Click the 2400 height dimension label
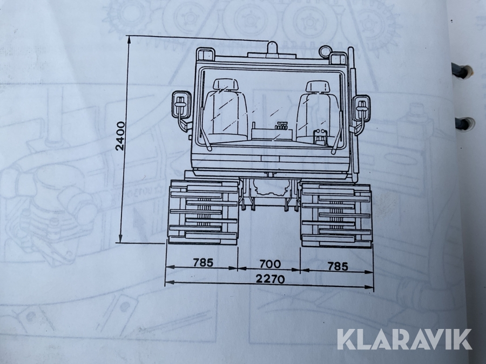(x=120, y=136)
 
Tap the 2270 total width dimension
(x=270, y=279)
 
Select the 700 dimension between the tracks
(x=270, y=264)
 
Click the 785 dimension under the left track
(x=203, y=263)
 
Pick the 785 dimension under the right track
(x=337, y=266)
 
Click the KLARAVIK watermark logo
(x=404, y=340)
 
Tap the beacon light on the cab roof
(x=272, y=50)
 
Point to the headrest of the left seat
(x=226, y=85)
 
